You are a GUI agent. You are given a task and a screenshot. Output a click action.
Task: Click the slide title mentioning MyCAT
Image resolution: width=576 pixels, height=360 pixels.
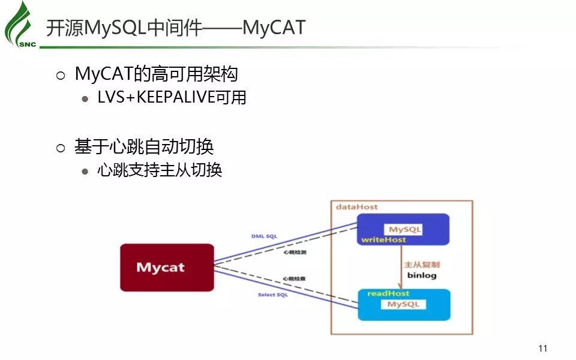[x=176, y=28]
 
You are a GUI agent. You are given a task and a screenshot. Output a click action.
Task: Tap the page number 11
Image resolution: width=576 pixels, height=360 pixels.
[x=543, y=349]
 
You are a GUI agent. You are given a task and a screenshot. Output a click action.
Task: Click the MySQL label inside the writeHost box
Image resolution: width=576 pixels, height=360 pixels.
[x=405, y=229]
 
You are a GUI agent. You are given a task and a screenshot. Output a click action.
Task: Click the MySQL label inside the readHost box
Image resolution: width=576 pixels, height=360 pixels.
[x=403, y=304]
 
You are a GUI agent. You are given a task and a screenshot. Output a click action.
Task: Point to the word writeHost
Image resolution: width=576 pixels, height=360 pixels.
[x=383, y=239]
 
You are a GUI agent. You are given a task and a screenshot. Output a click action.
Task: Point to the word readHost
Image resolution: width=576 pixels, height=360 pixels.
[x=388, y=293]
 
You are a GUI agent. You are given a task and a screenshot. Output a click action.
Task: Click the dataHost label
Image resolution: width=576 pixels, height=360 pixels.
[x=357, y=207]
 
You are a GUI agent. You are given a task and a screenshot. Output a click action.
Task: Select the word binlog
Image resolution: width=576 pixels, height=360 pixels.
[x=422, y=275]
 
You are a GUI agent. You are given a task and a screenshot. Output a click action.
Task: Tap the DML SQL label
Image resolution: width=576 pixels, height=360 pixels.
[x=264, y=236]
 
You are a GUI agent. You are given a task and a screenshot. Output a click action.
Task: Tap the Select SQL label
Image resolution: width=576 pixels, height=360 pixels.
[x=273, y=295]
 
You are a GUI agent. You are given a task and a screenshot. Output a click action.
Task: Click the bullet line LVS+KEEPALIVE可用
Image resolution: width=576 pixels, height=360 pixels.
[x=172, y=97]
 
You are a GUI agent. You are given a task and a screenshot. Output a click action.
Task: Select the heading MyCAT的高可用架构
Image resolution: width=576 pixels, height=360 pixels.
[x=156, y=74]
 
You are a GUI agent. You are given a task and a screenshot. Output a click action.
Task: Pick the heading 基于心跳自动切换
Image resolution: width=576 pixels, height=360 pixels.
[x=144, y=146]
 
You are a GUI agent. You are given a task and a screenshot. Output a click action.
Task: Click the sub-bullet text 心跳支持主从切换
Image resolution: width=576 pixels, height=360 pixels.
[x=160, y=170]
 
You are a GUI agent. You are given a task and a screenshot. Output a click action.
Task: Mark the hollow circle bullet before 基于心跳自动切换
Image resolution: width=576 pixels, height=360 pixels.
[x=60, y=148]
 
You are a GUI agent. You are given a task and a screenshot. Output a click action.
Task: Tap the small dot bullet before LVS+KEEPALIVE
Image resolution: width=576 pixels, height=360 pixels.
[x=85, y=98]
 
